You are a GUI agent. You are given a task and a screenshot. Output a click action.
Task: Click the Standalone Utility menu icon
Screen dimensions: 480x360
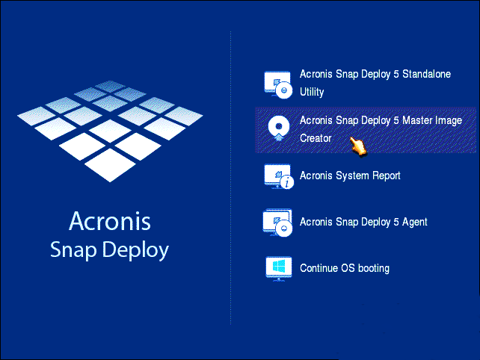coord(277,84)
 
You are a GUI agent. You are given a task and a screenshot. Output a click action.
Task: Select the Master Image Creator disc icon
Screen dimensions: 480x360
coord(278,128)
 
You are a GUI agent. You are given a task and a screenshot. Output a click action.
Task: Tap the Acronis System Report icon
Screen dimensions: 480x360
coord(279,177)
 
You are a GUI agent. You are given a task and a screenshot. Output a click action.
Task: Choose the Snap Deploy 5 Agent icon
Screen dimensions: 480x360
coord(277,223)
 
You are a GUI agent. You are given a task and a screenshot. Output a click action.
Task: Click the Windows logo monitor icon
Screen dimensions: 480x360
coord(278,269)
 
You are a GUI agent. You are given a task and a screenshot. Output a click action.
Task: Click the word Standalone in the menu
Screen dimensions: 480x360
coord(426,74)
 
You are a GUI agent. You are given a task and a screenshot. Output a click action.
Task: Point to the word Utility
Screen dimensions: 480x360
coord(312,92)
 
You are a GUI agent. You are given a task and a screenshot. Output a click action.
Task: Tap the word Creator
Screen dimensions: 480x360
coord(316,138)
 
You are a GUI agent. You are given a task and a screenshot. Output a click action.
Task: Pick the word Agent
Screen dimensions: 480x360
coord(414,223)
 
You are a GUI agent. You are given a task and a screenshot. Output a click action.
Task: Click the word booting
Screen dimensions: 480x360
coord(374,269)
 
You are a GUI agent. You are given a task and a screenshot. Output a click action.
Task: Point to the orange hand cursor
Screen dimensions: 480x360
coord(358,146)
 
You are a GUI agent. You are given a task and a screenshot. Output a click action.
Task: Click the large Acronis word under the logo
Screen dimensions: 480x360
coord(110,220)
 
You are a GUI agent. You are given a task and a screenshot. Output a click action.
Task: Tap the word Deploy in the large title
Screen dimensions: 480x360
coord(135,250)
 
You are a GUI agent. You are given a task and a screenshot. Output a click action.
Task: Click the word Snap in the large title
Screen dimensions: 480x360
coord(73,250)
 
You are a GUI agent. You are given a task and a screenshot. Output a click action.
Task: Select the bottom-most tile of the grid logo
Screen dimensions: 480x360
coord(110,165)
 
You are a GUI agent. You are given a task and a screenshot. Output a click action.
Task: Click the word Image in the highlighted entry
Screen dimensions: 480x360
coord(450,121)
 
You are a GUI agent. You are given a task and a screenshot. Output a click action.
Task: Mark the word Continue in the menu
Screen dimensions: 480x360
coord(319,268)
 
